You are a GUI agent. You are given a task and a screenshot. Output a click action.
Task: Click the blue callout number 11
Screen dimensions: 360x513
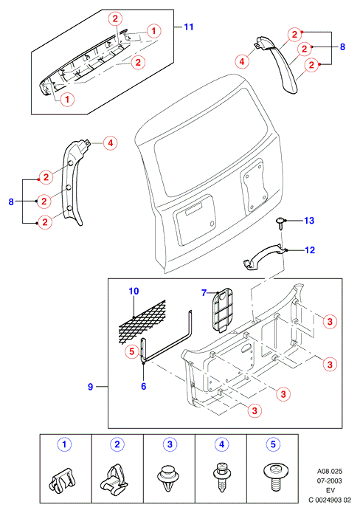[189, 27]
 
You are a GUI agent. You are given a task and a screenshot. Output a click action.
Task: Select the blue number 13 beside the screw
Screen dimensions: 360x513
[309, 221]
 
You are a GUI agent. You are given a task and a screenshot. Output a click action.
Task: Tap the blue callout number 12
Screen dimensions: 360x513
[309, 250]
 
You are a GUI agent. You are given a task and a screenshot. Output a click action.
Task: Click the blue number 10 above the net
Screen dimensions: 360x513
[134, 291]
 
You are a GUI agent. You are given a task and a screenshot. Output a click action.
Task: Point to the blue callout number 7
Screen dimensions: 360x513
[204, 292]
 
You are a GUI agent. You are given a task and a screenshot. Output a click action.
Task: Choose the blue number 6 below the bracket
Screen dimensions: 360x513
[144, 386]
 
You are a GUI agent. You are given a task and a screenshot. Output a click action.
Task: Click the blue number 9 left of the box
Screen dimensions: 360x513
[91, 387]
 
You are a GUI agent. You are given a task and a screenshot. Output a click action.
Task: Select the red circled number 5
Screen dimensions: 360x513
[132, 351]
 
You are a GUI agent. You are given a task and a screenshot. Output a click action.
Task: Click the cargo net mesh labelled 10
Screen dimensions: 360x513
[142, 322]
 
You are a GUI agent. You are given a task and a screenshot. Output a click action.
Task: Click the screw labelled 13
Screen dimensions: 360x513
[280, 224]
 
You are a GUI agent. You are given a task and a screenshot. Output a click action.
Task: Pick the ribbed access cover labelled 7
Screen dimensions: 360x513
[222, 309]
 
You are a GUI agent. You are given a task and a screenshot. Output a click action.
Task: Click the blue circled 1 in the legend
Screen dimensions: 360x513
[64, 444]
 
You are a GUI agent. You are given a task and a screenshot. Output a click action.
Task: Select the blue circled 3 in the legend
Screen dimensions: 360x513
[170, 444]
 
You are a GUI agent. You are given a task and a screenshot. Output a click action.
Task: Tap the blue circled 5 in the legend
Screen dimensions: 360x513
[274, 444]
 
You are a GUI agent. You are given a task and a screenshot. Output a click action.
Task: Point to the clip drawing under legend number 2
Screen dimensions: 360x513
[113, 478]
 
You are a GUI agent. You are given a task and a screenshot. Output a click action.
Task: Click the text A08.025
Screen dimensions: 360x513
[330, 472]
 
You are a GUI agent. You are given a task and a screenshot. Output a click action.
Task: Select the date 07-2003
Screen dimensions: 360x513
[330, 481]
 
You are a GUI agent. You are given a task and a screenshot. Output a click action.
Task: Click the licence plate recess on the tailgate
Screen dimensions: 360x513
[195, 219]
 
